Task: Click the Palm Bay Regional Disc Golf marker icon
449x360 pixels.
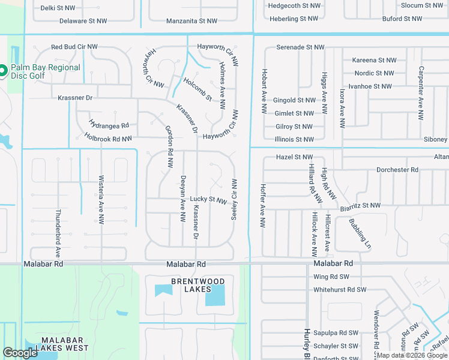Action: pos(2,71)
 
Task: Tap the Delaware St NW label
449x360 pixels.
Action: pos(83,21)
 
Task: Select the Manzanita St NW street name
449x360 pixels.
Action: pos(191,21)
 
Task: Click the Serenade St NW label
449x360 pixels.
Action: pos(300,47)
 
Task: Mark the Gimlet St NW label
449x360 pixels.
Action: pos(294,113)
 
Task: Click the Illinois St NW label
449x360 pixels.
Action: pos(294,140)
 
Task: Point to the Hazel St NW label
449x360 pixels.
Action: pos(294,157)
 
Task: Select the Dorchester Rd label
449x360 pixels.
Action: pos(397,170)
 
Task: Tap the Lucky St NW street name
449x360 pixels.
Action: pos(208,200)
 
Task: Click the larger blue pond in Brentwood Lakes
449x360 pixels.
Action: pos(215,295)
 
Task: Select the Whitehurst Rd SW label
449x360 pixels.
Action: pos(340,290)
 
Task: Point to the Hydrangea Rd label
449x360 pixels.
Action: pos(109,125)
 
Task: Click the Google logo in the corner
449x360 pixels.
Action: pos(20,353)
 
